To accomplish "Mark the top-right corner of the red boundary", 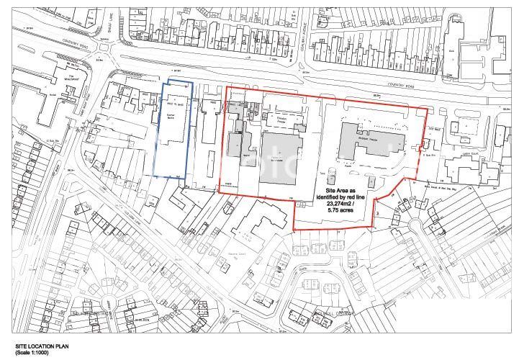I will (x=427, y=109).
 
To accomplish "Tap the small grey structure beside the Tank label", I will (x=331, y=176).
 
